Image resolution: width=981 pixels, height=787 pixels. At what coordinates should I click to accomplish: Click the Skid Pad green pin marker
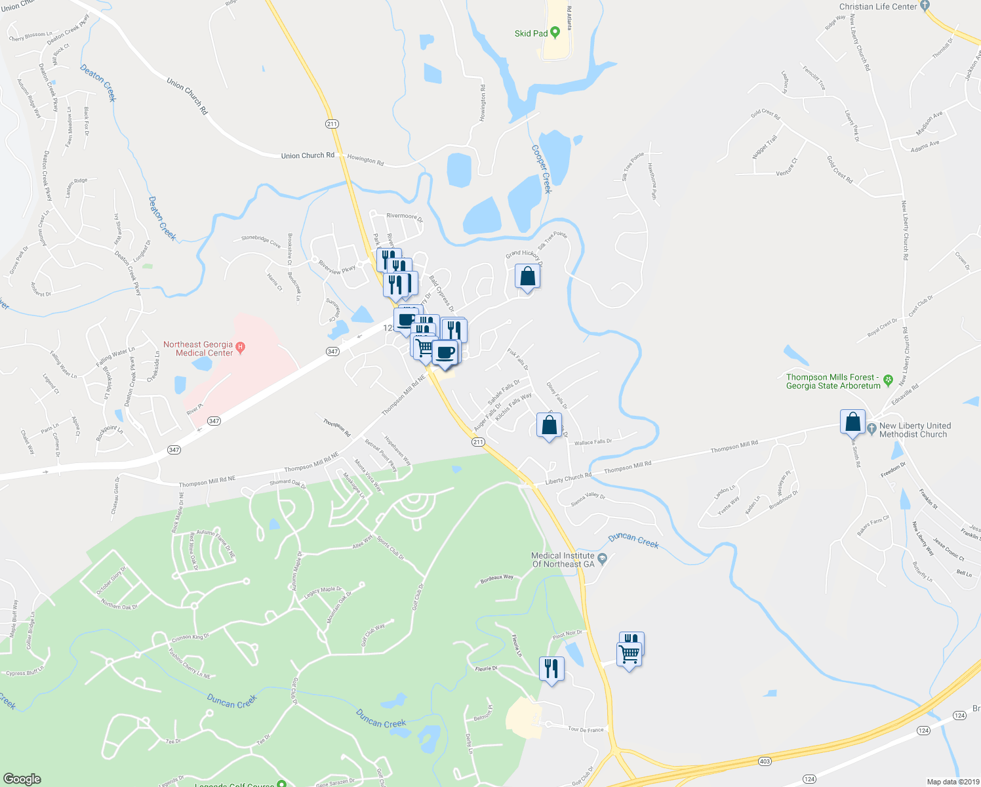pyautogui.click(x=555, y=32)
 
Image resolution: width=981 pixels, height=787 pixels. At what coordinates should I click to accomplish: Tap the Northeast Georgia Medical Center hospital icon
pyautogui.click(x=240, y=347)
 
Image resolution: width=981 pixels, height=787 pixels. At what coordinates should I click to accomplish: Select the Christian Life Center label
pyautogui.click(x=878, y=7)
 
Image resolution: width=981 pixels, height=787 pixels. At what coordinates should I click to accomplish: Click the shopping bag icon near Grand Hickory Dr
pyautogui.click(x=527, y=277)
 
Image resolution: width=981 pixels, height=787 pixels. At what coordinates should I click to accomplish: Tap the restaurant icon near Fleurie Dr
pyautogui.click(x=551, y=669)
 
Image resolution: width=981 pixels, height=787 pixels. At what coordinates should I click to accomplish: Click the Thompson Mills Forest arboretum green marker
pyautogui.click(x=889, y=380)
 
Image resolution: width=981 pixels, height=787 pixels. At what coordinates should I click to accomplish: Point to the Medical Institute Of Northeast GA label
pyautogui.click(x=563, y=559)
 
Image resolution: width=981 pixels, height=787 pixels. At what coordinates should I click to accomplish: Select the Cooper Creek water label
pyautogui.click(x=542, y=169)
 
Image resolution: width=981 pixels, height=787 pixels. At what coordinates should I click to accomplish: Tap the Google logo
pyautogui.click(x=22, y=778)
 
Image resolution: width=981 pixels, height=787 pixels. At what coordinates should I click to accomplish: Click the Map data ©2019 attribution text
pyautogui.click(x=952, y=782)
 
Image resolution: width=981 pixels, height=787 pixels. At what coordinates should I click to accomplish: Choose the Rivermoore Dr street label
pyautogui.click(x=405, y=216)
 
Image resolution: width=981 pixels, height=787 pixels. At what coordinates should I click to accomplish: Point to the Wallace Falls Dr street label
pyautogui.click(x=593, y=442)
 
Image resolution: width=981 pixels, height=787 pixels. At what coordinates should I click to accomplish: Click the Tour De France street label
pyautogui.click(x=586, y=729)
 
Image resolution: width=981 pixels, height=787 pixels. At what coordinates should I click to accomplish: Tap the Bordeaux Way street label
pyautogui.click(x=497, y=578)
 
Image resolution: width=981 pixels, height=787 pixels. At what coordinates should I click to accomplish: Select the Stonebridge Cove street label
pyautogui.click(x=261, y=241)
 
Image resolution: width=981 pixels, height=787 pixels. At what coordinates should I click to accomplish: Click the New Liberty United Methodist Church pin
pyautogui.click(x=871, y=429)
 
